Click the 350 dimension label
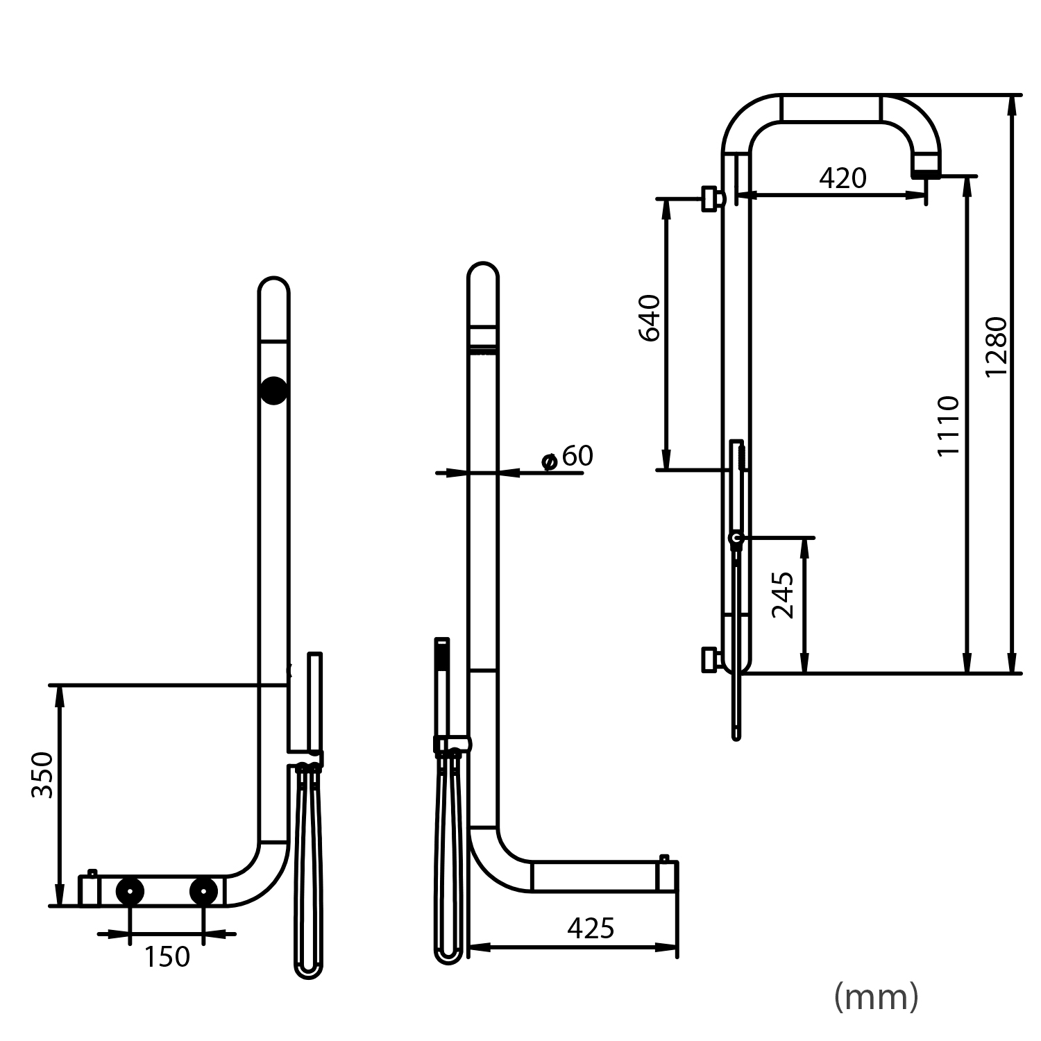pos(43,774)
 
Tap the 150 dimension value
pos(167,957)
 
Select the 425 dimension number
pos(591,928)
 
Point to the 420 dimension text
pos(843,178)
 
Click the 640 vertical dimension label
pos(650,318)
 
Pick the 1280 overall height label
pos(996,346)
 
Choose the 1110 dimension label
pos(949,425)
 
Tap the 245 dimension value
pos(784,595)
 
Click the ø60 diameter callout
pos(568,457)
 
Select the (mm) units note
pos(876,997)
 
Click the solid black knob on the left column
pos(273,391)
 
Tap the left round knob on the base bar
pos(130,890)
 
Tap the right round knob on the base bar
pos(203,890)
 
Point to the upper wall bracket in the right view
pos(711,198)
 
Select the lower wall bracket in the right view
pos(710,659)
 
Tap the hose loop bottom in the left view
pos(308,970)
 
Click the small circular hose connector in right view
pos(736,537)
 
